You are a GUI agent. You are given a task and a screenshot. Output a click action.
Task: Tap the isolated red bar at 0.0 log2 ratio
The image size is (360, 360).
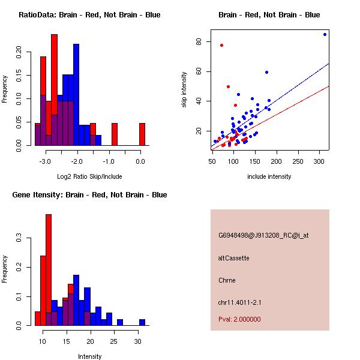pos(142,134)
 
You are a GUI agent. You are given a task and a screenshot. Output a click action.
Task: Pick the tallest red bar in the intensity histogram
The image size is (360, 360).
pos(49,270)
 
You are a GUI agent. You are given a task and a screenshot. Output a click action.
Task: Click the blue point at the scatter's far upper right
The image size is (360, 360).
pos(325,34)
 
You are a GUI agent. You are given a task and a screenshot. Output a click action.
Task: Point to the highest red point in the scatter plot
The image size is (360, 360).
pos(221,45)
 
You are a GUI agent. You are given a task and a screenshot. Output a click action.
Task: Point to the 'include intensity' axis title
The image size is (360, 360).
pos(269,176)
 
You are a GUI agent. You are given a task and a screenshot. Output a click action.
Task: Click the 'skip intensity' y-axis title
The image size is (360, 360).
pos(185,90)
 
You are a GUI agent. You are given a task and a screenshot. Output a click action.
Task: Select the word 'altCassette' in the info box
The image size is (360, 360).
pos(233,258)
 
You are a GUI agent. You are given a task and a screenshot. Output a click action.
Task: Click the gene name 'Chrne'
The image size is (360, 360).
pos(227,280)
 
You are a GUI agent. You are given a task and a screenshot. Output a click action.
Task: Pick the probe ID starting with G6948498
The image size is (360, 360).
pos(263,235)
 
